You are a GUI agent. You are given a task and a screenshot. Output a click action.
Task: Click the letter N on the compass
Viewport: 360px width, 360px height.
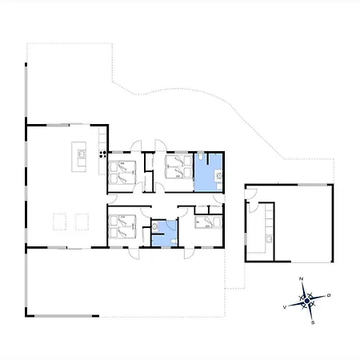302,279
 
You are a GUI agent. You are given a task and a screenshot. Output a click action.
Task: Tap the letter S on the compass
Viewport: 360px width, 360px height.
313,322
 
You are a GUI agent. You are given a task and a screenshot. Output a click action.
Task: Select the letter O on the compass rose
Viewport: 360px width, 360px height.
329,295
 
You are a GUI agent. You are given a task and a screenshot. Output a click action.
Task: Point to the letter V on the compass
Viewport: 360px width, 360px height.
285,307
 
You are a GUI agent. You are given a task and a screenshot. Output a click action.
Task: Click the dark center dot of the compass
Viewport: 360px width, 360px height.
307,301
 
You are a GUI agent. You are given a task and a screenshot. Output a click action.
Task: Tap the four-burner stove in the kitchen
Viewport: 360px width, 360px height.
103,154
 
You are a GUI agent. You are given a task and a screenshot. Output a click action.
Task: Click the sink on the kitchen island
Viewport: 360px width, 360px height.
82,154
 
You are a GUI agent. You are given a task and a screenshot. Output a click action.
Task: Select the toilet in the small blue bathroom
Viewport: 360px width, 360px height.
174,242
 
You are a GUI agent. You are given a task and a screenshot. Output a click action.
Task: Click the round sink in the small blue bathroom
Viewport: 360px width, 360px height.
155,226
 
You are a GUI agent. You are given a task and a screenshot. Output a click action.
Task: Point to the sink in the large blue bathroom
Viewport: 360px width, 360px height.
219,176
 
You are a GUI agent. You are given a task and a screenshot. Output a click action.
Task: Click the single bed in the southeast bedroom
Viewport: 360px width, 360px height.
209,222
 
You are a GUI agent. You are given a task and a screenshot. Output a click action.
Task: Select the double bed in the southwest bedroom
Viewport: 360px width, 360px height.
123,226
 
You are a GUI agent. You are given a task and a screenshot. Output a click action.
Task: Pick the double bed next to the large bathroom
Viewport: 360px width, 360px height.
178,166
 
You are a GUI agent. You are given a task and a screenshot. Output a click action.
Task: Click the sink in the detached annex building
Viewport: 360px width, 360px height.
269,238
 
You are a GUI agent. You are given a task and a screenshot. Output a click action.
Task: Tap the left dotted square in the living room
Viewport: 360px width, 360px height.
59,222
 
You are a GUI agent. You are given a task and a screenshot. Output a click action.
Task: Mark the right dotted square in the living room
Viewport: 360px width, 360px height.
82,222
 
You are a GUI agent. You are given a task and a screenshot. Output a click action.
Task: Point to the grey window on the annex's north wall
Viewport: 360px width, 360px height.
312,185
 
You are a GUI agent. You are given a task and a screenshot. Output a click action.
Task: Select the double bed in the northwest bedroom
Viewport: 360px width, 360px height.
123,172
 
